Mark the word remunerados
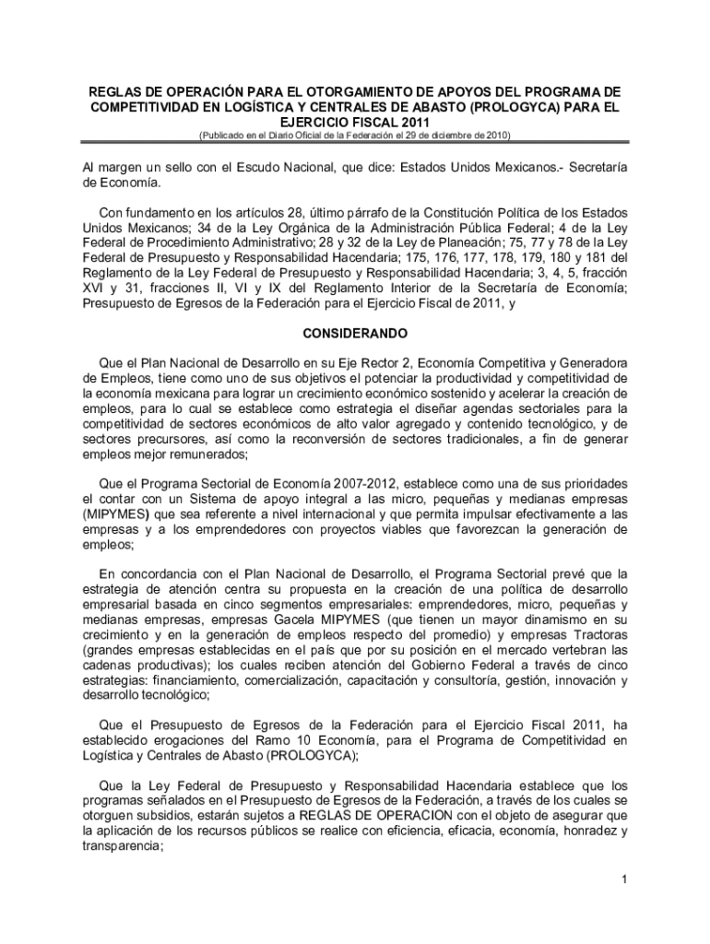coord(201,454)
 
